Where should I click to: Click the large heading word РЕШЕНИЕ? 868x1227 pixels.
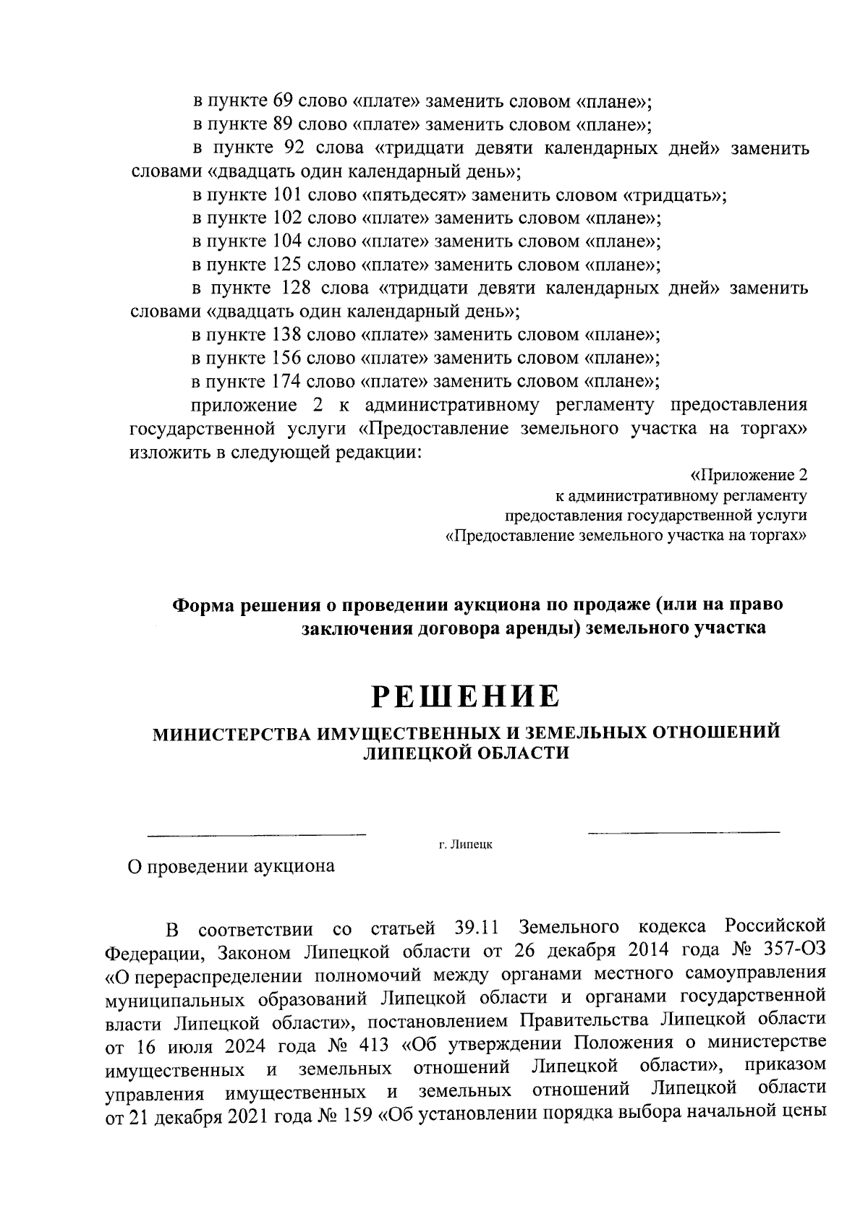466,696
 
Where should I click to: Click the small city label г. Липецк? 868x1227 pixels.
465,845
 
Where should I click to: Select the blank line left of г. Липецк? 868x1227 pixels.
257,836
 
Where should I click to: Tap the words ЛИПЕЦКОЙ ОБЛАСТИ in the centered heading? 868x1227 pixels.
465,753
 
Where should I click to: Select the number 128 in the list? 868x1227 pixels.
292,288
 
